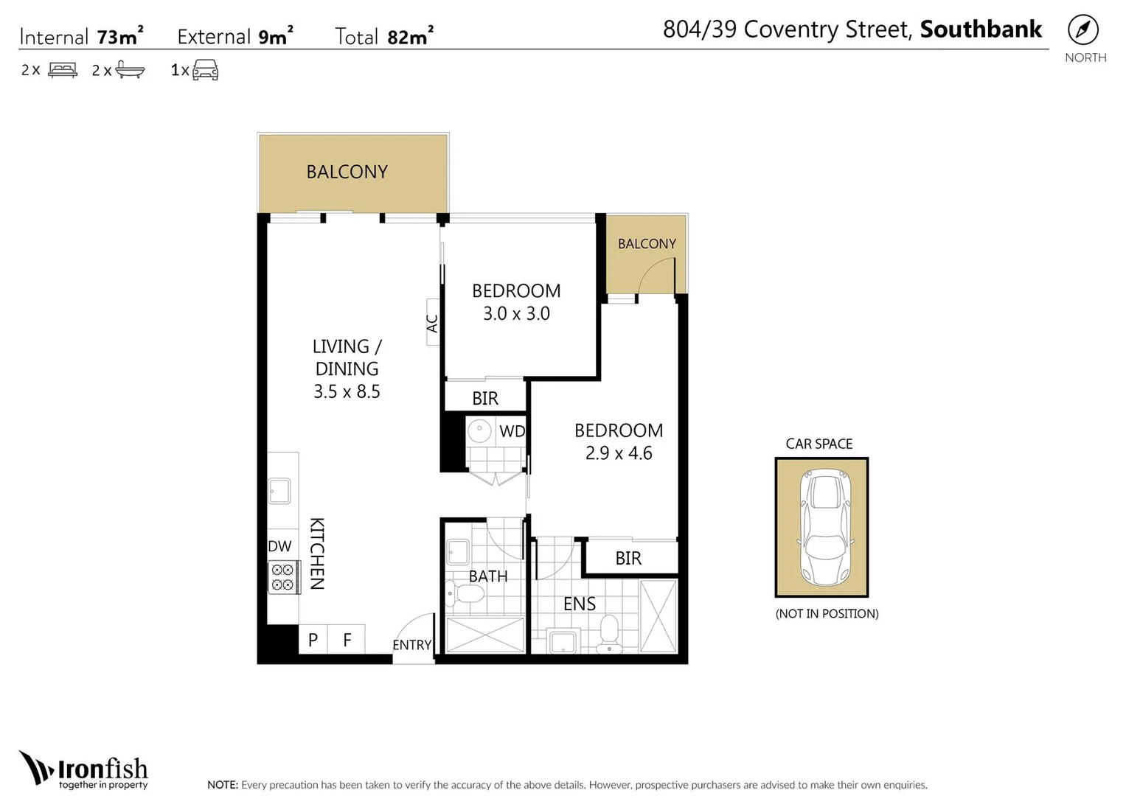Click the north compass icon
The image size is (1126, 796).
point(1082,30)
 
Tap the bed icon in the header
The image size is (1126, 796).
point(63,70)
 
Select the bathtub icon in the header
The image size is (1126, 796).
point(131,70)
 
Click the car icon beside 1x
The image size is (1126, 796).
point(205,70)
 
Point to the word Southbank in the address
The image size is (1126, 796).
point(981,29)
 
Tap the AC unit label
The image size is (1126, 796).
point(433,323)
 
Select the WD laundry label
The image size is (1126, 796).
point(512,431)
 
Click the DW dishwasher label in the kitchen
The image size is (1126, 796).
point(279,546)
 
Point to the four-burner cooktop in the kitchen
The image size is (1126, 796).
point(282,577)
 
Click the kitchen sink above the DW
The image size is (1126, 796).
point(280,491)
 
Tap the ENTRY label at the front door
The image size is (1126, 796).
point(411,645)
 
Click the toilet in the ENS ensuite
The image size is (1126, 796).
point(609,633)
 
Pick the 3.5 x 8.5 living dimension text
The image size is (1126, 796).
point(347,391)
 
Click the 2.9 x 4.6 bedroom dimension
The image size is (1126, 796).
point(619,453)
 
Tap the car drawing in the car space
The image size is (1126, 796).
point(823,527)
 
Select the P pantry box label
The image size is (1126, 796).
point(313,640)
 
